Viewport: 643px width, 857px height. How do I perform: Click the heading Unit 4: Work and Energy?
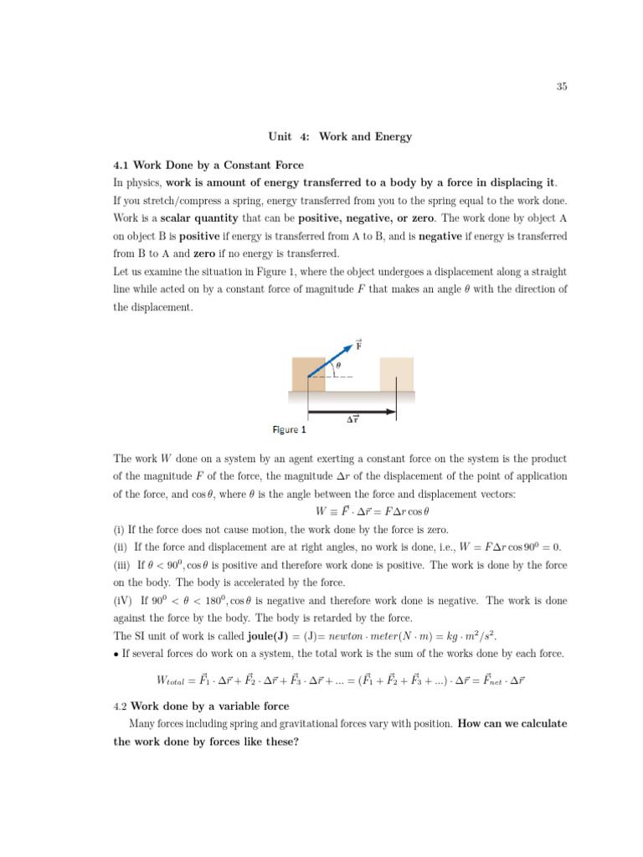pyautogui.click(x=340, y=136)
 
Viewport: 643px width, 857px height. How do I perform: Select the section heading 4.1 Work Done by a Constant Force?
pyautogui.click(x=208, y=165)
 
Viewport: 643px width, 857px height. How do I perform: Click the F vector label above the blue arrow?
pyautogui.click(x=358, y=344)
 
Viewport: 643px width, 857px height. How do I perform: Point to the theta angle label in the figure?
pyautogui.click(x=338, y=365)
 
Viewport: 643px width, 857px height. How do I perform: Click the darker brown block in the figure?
pyautogui.click(x=308, y=374)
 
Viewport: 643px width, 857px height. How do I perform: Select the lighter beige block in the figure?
pyautogui.click(x=397, y=374)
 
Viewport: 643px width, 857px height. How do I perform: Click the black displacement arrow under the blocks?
pyautogui.click(x=351, y=411)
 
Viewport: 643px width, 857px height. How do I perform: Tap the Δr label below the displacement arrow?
pyautogui.click(x=352, y=422)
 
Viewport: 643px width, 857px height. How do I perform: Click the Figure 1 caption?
pyautogui.click(x=290, y=430)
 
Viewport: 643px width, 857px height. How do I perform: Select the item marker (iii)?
pyautogui.click(x=122, y=565)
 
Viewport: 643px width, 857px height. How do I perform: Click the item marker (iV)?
pyautogui.click(x=123, y=600)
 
